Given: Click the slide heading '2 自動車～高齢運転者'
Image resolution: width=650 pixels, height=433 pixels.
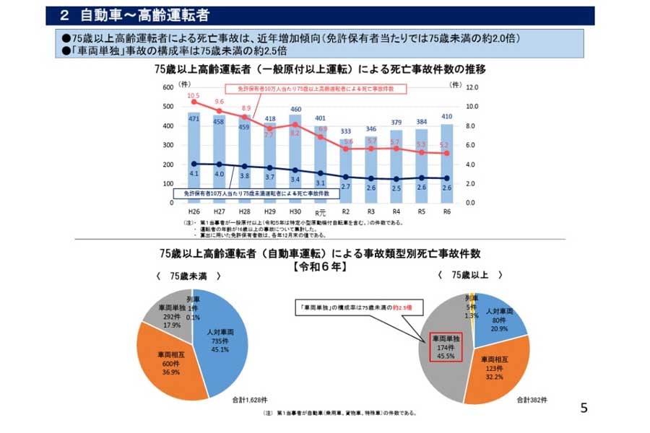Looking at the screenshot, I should (x=137, y=15).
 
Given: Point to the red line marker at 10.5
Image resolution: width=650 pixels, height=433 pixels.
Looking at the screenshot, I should (x=194, y=102).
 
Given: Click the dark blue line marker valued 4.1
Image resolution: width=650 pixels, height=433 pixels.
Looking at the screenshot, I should (x=194, y=164).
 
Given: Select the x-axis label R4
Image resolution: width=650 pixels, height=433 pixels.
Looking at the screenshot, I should (x=396, y=212).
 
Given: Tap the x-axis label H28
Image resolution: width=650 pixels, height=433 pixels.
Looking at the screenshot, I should (x=245, y=212).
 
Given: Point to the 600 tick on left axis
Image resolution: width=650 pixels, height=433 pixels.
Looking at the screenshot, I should (x=168, y=87).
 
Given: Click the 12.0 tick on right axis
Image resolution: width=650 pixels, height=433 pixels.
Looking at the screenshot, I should (x=473, y=87).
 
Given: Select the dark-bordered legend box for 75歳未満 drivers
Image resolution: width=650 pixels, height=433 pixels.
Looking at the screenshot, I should (x=252, y=194).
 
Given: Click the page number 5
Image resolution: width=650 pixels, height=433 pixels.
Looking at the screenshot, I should (x=584, y=408).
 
